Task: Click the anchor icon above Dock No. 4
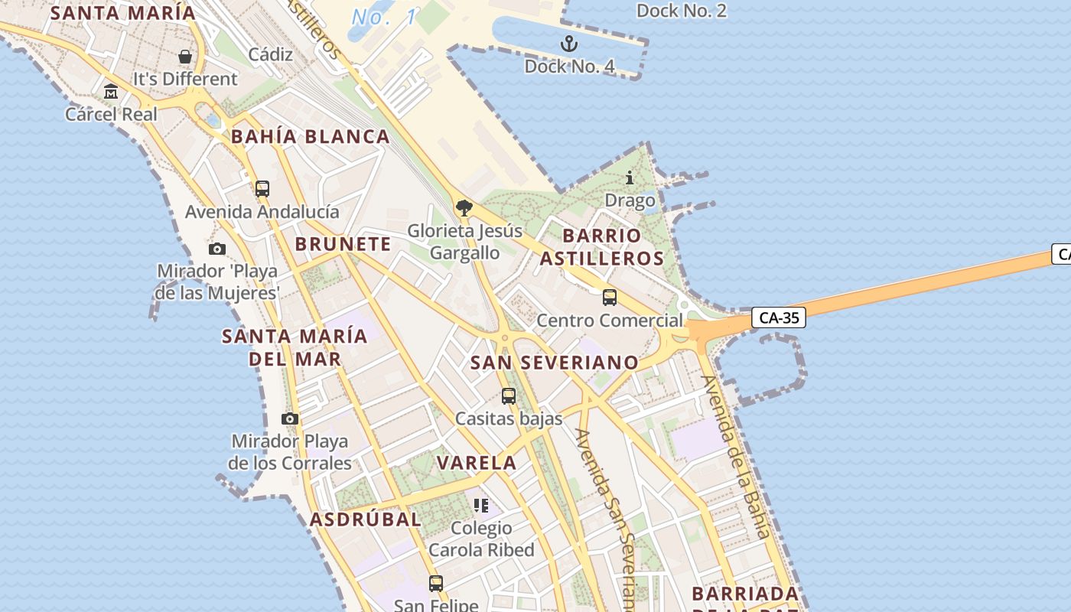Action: [568, 43]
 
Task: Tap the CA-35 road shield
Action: [779, 317]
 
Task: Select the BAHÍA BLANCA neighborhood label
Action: [311, 137]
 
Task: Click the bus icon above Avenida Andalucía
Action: [262, 188]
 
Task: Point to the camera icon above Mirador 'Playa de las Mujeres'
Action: [217, 249]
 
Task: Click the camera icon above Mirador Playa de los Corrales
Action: [290, 418]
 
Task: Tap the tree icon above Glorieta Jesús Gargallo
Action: [464, 207]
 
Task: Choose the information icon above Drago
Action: [630, 178]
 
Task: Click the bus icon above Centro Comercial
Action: [610, 298]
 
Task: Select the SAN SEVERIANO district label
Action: [555, 363]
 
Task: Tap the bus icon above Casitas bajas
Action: [509, 396]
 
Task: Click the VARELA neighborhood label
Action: [477, 463]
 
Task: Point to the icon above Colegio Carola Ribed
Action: [481, 505]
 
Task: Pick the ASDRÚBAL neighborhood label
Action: [366, 519]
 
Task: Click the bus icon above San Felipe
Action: [436, 583]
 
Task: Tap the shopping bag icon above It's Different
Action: [185, 56]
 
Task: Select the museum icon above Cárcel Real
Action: [111, 92]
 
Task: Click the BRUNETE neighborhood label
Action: [343, 244]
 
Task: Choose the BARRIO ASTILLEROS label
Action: [602, 246]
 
